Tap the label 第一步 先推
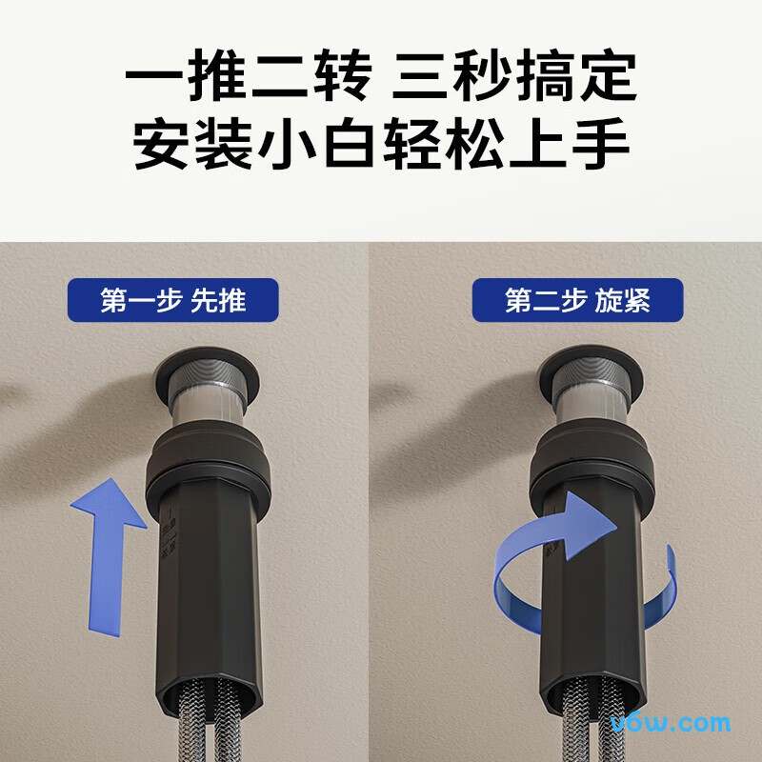click(173, 300)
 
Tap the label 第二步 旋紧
click(577, 300)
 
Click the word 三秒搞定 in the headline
click(514, 78)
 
